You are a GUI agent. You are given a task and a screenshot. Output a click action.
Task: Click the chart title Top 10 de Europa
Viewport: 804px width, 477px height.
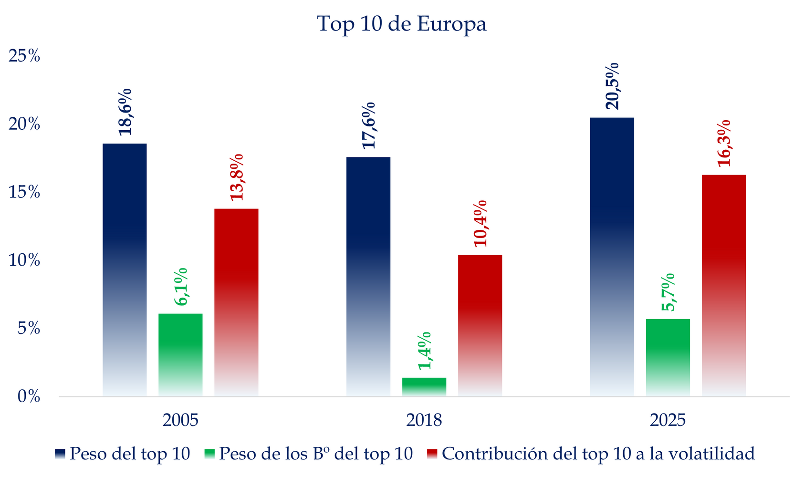pos(402,24)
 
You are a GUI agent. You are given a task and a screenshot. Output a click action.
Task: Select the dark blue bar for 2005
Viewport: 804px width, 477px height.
pos(125,270)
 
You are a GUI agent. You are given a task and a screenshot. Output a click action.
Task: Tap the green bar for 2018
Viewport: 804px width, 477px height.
pos(424,387)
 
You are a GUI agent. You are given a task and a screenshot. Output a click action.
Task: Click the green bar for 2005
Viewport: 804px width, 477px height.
pos(180,355)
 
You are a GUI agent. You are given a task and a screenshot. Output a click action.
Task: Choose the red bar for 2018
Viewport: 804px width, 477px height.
pos(480,325)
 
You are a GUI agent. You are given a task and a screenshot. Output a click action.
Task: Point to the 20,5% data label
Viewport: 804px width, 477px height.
pos(612,86)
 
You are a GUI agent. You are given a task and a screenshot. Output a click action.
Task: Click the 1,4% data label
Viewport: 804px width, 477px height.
pos(424,351)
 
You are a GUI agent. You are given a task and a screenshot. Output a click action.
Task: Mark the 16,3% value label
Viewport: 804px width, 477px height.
pos(724,143)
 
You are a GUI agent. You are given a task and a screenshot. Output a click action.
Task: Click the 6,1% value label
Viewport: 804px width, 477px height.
pos(181,287)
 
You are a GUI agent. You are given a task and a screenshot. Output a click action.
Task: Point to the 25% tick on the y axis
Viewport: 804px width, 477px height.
pos(24,56)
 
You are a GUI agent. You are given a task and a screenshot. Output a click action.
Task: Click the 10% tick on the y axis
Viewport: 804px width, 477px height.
pos(24,260)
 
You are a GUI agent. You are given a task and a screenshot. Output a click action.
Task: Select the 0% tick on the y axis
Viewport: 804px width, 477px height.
pos(29,397)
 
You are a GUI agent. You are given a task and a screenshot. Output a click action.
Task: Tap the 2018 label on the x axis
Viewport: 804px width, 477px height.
pos(424,421)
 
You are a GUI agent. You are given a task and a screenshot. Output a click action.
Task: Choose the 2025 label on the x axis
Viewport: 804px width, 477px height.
pos(668,421)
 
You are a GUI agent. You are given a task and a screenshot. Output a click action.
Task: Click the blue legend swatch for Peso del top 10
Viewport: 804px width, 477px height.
pos(60,454)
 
